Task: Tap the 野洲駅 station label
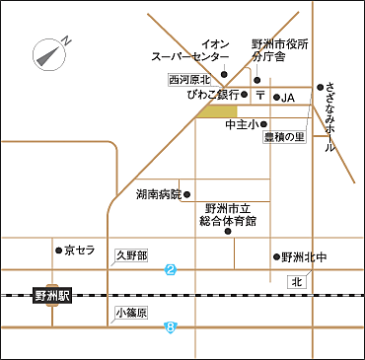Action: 48,294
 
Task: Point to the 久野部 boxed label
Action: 131,255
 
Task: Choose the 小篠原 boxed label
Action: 131,314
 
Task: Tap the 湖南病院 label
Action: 159,194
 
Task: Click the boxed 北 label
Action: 296,282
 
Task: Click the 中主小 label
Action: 241,124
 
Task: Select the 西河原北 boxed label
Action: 189,79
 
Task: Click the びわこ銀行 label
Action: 212,96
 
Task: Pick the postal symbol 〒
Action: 260,97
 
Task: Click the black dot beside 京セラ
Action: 59,251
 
